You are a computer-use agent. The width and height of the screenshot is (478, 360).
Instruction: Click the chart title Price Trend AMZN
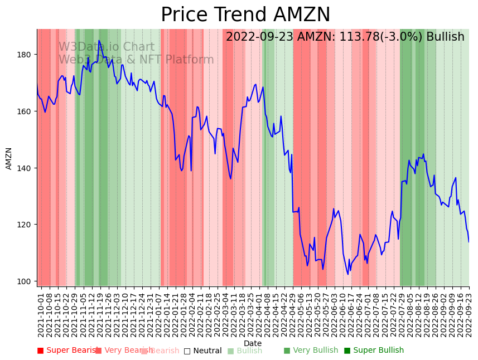(x=245, y=15)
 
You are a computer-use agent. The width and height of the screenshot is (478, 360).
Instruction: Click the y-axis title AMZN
(x=9, y=158)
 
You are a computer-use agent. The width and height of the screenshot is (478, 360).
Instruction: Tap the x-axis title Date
(x=253, y=343)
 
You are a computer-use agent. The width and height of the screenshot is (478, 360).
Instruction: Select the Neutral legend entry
(x=203, y=351)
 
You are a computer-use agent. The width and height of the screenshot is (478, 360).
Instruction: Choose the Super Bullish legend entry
(x=374, y=351)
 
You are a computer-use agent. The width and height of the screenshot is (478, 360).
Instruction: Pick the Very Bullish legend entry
(x=311, y=351)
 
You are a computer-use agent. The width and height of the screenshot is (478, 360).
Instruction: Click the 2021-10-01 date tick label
(x=41, y=313)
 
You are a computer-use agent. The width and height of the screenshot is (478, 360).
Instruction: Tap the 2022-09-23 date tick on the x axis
(x=469, y=313)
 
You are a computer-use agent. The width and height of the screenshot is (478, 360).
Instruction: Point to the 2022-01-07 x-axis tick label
(x=159, y=313)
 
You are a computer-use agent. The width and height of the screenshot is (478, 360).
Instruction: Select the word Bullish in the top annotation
(x=445, y=37)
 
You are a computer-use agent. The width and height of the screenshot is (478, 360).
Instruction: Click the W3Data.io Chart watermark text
(x=107, y=47)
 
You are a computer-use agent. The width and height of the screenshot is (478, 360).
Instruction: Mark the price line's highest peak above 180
(x=99, y=41)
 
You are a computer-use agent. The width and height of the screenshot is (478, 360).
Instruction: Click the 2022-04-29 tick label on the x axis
(x=292, y=313)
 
